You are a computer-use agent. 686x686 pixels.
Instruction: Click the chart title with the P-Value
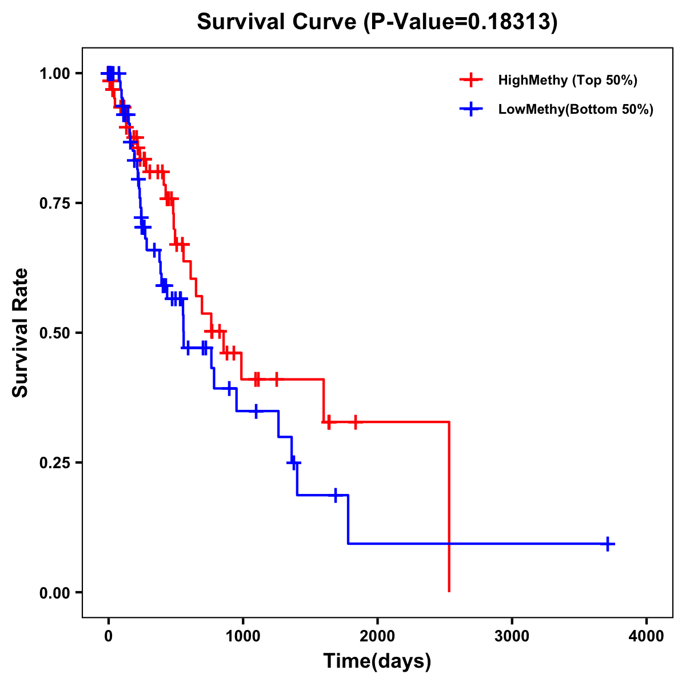pos(377,22)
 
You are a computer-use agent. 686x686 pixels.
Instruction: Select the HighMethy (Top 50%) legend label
pos(567,80)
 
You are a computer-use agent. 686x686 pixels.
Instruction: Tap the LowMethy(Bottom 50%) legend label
pos(576,109)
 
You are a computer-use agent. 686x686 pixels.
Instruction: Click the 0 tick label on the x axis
pos(108,636)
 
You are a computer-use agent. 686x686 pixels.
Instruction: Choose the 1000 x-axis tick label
pos(242,636)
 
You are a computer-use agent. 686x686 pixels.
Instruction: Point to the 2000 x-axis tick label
pos(377,636)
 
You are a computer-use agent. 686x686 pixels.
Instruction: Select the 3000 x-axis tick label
pos(512,636)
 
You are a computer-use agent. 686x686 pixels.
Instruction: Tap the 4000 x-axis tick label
pos(647,636)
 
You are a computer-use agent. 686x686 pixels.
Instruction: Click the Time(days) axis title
pos(377,661)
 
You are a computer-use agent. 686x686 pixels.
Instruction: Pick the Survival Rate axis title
pos(21,333)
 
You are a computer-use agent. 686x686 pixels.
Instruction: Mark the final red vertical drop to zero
pos(449,509)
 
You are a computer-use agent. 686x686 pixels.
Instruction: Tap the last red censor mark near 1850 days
pos(356,422)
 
